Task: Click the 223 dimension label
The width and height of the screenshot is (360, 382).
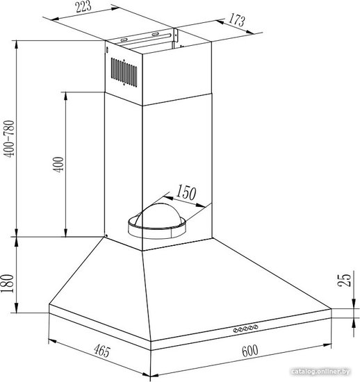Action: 83,6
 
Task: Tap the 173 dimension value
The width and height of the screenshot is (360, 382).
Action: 236,20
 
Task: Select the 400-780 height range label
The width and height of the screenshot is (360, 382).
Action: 10,139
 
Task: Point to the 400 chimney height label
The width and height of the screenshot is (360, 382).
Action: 58,165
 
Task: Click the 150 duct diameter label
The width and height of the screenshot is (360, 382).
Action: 186,192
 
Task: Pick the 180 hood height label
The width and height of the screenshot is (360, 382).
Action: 8,283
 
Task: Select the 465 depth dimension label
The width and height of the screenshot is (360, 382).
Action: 102,351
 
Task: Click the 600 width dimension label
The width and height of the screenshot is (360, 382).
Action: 249,351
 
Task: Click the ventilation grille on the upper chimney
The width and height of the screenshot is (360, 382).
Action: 124,72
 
